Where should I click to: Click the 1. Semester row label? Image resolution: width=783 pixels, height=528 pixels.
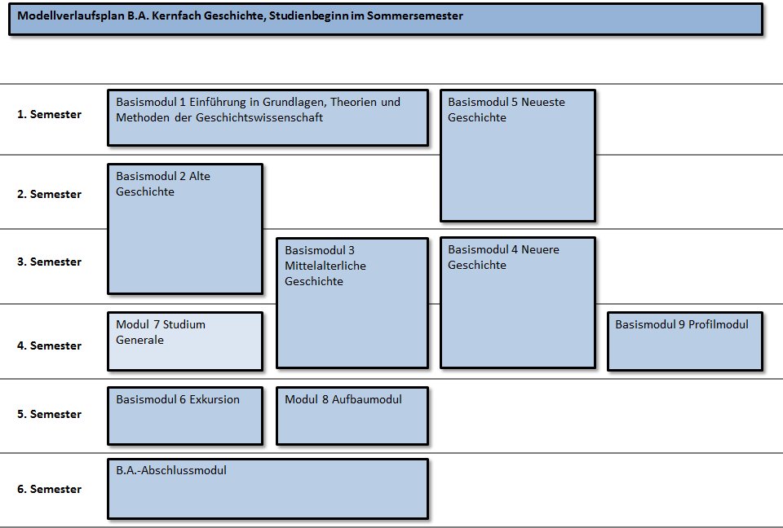49,114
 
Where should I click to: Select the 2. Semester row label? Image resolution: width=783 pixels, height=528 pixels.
49,194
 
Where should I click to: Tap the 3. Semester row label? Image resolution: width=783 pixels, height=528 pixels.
49,262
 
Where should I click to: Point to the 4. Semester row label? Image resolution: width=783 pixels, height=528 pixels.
49,345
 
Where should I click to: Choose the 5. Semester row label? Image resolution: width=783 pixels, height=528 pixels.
49,414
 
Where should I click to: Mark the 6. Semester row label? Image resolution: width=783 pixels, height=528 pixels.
49,489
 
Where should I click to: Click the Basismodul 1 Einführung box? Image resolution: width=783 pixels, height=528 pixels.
268,118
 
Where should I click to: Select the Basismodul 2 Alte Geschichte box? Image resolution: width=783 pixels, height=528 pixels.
185,229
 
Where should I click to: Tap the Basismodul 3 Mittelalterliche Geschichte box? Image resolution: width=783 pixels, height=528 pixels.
352,303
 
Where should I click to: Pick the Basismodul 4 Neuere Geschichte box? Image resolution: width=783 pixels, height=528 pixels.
518,303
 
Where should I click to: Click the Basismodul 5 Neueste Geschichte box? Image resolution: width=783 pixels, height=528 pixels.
518,156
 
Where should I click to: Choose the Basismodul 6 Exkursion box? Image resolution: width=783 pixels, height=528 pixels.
185,416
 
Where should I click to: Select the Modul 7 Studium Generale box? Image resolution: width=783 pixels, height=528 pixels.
185,341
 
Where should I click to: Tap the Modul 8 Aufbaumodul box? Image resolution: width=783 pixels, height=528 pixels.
352,416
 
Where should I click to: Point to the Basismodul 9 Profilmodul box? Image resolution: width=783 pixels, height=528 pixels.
685,341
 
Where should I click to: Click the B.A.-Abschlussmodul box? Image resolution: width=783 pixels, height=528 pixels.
268,489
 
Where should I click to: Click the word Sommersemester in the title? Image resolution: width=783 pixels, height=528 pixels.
415,15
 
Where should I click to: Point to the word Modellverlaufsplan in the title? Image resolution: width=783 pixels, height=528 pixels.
70,15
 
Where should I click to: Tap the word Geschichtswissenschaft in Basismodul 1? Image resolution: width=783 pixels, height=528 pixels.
259,118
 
